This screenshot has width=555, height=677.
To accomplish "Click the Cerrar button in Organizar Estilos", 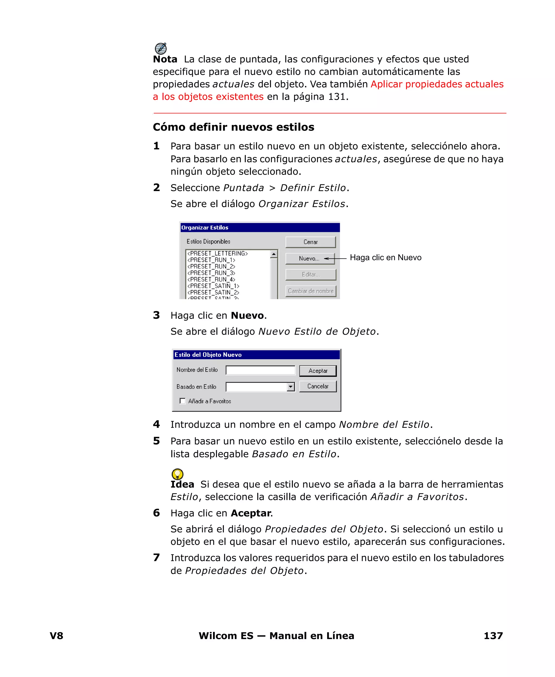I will [311, 242].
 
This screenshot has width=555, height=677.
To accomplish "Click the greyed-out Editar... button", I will [311, 274].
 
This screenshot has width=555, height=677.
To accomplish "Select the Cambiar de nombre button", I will [311, 291].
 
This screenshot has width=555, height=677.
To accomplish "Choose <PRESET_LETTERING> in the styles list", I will [217, 253].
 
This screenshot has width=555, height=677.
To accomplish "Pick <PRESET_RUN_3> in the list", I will [211, 273].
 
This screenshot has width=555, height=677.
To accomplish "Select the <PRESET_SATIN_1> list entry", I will [213, 286].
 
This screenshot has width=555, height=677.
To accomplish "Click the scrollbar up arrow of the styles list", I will [274, 254].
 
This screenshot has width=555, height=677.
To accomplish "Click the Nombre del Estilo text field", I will [260, 370].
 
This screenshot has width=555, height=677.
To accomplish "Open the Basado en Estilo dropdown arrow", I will [290, 387].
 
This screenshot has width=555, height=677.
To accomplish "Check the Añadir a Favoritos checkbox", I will [183, 401].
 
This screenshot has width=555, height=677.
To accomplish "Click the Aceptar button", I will [318, 371].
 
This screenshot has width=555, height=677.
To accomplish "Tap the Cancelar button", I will [318, 386].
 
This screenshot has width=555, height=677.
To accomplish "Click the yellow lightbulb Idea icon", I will [178, 474].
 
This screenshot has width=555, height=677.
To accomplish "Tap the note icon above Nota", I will [160, 48].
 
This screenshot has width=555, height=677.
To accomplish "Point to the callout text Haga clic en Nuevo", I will [386, 258].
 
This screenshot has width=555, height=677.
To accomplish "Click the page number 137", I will [493, 636].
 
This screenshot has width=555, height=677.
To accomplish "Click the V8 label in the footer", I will [57, 636].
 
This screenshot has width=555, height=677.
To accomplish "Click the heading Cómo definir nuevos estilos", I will [233, 127].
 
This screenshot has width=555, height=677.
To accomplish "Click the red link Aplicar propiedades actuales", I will [437, 84].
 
